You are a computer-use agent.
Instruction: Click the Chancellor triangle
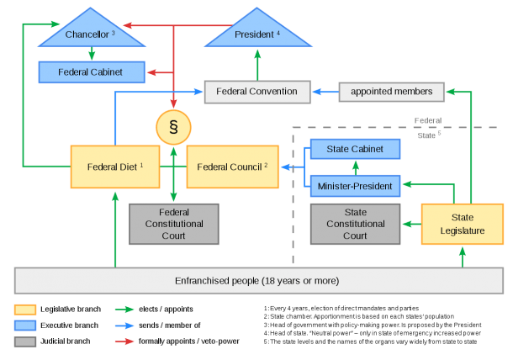click(x=92, y=33)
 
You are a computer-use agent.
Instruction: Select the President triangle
click(x=258, y=33)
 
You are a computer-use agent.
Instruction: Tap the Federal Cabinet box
click(x=92, y=72)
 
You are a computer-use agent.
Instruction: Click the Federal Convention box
click(x=257, y=92)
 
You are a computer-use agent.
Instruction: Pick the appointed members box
click(x=392, y=92)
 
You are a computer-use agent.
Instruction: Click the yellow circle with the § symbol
click(x=173, y=127)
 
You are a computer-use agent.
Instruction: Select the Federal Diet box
click(x=115, y=167)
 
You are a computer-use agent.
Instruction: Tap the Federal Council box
click(x=233, y=167)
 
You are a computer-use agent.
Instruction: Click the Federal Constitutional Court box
click(x=174, y=225)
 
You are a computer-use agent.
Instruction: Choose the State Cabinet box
click(x=355, y=149)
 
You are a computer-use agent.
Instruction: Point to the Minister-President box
click(x=355, y=186)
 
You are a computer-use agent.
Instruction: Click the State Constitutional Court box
click(x=355, y=225)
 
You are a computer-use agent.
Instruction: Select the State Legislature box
click(x=463, y=225)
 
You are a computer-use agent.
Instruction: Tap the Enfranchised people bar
click(x=259, y=281)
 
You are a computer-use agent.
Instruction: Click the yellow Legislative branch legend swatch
click(x=25, y=310)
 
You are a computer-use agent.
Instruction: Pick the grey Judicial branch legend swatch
click(x=25, y=341)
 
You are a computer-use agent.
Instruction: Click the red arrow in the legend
click(x=124, y=341)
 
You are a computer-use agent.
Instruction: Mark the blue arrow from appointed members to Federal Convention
click(x=325, y=92)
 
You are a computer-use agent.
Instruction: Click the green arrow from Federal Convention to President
click(x=257, y=65)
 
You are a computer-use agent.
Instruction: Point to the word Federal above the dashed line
click(x=428, y=121)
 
